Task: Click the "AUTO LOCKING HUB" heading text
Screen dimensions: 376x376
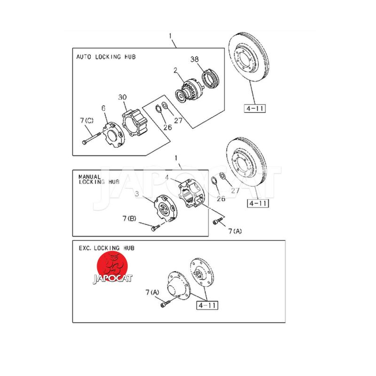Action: (106, 57)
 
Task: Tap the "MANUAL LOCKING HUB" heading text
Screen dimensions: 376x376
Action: (99, 180)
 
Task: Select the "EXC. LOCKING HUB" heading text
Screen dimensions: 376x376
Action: (107, 248)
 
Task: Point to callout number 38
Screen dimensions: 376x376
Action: (195, 59)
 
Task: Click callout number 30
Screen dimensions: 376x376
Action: (122, 97)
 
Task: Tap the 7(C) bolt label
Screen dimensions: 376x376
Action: (86, 120)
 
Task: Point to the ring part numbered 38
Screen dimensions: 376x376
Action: (210, 78)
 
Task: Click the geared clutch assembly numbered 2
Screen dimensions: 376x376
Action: (189, 91)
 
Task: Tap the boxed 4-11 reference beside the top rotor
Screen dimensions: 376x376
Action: (255, 109)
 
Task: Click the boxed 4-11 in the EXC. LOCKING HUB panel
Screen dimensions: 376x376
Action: (207, 305)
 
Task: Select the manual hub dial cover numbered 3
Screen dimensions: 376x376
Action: (165, 208)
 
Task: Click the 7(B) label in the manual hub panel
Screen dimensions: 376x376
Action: (129, 219)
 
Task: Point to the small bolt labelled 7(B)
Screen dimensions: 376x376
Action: (156, 227)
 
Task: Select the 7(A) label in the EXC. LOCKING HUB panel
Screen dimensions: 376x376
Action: (152, 292)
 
